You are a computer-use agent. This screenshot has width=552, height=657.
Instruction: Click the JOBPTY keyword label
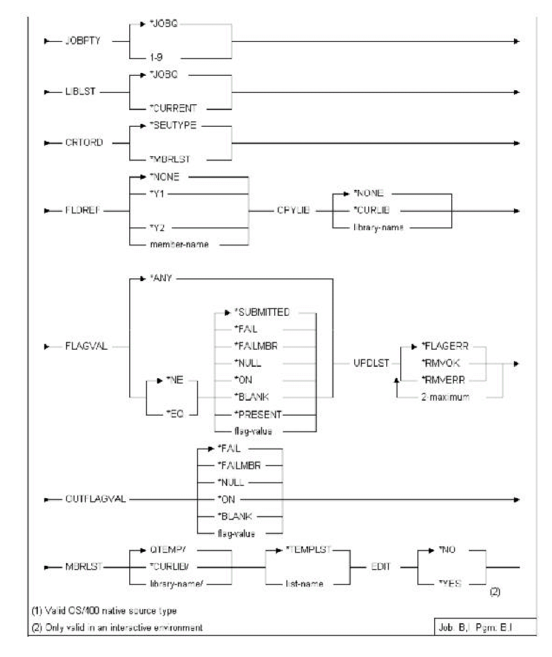(83, 41)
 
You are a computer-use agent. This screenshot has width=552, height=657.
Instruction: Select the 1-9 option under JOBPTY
(156, 58)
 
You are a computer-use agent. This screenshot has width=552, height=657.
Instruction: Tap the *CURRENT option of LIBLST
(173, 109)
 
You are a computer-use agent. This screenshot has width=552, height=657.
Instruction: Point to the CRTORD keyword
(84, 143)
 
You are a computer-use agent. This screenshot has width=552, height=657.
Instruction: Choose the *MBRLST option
(169, 159)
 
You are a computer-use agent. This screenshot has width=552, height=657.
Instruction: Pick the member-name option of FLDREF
(179, 245)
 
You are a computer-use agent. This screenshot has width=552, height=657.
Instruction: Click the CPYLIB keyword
(294, 211)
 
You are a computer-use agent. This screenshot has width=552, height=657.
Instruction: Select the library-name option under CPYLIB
(378, 227)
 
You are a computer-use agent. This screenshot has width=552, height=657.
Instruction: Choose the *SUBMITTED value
(262, 312)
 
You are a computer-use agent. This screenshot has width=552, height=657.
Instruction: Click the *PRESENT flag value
(258, 414)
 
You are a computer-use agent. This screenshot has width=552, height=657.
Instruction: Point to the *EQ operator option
(175, 414)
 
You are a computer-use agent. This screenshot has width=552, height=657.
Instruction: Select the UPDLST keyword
(371, 363)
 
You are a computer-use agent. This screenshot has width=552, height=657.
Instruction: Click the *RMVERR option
(443, 380)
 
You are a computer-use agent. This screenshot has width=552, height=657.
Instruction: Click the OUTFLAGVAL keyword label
(96, 500)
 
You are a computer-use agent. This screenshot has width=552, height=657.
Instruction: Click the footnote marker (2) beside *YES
(495, 592)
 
